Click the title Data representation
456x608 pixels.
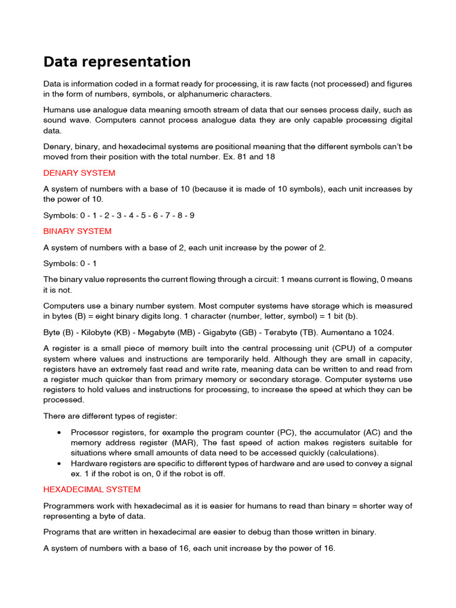[x=117, y=62]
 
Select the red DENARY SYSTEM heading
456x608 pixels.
[x=80, y=173]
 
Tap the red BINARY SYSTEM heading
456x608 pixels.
[x=77, y=231]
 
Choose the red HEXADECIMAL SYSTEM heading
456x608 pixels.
[x=92, y=489]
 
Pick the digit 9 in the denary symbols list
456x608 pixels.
[x=191, y=215]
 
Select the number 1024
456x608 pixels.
[x=382, y=332]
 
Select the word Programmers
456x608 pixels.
[x=68, y=506]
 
